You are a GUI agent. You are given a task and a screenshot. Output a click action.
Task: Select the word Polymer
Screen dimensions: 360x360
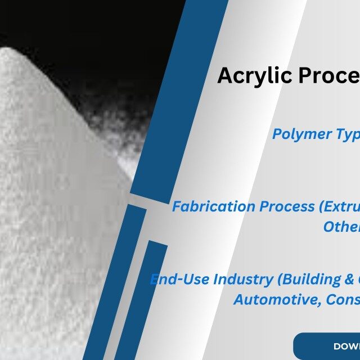(x=298, y=134)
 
